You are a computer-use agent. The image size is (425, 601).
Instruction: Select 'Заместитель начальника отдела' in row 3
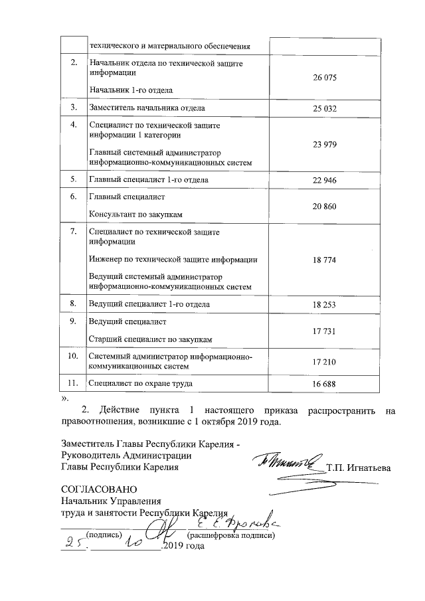(x=147, y=108)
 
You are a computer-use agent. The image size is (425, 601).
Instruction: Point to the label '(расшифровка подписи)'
(x=231, y=535)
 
